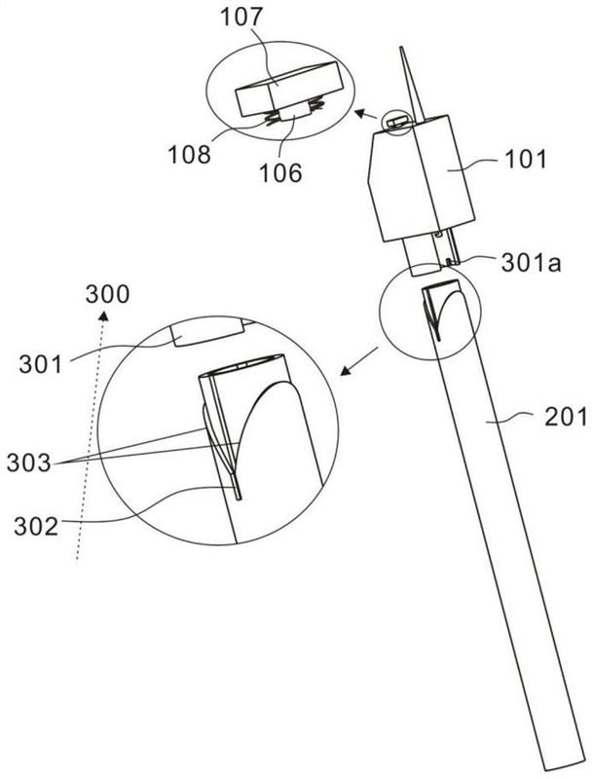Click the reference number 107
click(x=241, y=18)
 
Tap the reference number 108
click(x=189, y=155)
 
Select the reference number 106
click(x=280, y=173)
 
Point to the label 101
click(x=526, y=160)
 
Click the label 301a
click(x=531, y=263)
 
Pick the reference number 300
click(x=107, y=294)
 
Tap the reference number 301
click(x=41, y=364)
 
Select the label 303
click(x=29, y=464)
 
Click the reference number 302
click(x=36, y=526)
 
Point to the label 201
click(x=566, y=418)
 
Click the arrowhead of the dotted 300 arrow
click(x=103, y=315)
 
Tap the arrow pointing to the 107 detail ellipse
click(x=365, y=116)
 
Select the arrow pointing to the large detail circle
click(x=358, y=361)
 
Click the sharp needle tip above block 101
click(x=400, y=48)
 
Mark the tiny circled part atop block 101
click(x=396, y=123)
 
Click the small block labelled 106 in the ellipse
click(x=294, y=113)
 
